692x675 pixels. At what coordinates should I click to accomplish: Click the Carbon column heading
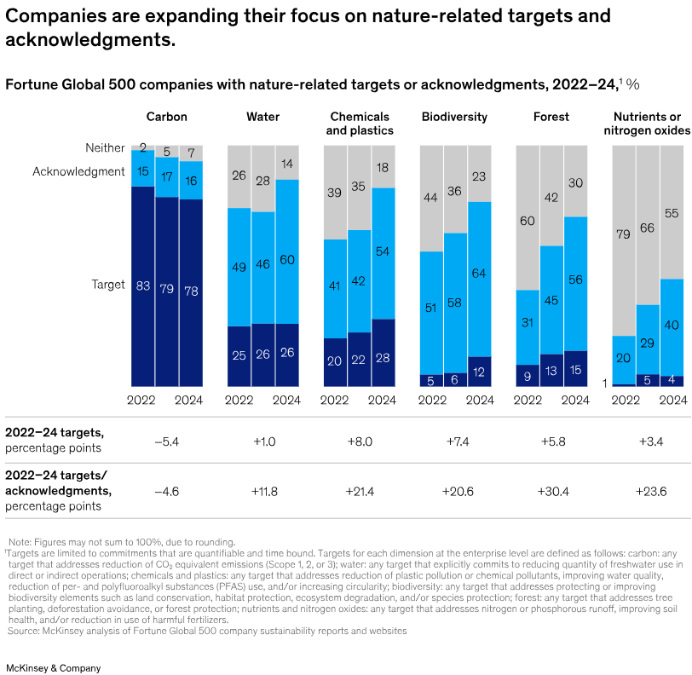(x=166, y=117)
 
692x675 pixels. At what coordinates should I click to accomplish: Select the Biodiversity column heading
(x=454, y=117)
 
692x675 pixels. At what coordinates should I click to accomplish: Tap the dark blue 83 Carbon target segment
(x=142, y=286)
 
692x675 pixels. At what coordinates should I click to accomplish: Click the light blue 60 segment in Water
(x=287, y=260)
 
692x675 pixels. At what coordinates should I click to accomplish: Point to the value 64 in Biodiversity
(x=480, y=273)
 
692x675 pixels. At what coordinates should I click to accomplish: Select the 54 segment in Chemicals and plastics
(x=383, y=252)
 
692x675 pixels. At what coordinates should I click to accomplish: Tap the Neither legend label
(x=105, y=148)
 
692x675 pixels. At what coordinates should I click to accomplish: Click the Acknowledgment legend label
(x=78, y=171)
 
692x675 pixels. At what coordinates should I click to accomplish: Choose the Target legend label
(x=108, y=285)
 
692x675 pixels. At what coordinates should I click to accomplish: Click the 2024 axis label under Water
(x=286, y=399)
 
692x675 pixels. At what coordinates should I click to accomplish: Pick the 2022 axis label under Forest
(x=528, y=399)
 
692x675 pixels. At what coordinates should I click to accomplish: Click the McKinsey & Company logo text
(x=53, y=644)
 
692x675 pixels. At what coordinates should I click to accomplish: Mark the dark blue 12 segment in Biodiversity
(x=480, y=372)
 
